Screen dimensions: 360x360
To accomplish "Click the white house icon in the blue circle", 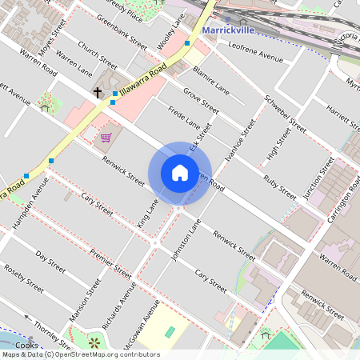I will [179, 173].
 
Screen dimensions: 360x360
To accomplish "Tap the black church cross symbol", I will [98, 93].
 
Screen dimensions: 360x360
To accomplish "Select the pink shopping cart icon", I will [106, 138].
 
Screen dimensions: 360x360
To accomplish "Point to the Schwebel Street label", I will [286, 114].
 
